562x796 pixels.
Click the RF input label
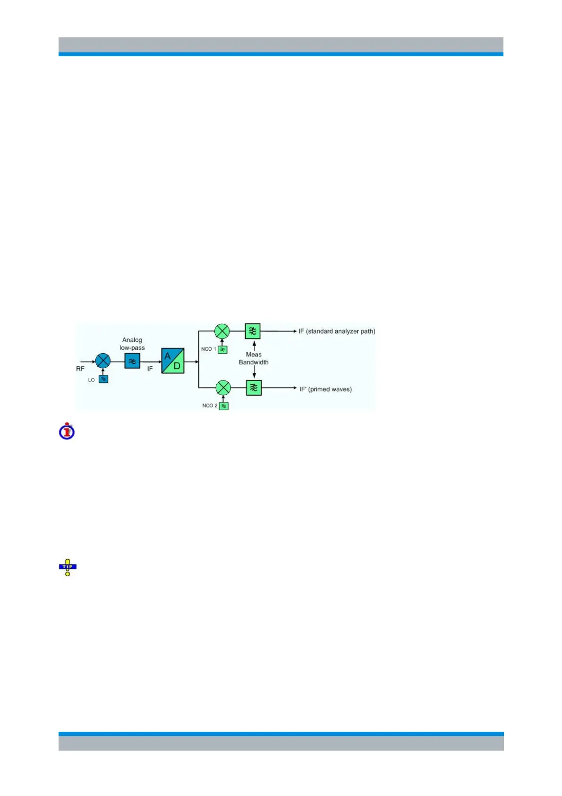[80, 369]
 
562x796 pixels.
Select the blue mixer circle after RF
[102, 361]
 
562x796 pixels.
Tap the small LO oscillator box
[103, 379]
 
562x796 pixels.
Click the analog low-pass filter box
[132, 361]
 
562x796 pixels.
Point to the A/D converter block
[172, 361]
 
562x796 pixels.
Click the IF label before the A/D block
[150, 369]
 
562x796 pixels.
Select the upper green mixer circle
[222, 331]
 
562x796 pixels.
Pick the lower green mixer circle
[223, 388]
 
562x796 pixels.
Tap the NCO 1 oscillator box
[222, 350]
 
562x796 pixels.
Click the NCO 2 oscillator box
[224, 406]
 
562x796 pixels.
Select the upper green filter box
[253, 331]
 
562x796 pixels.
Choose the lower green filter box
[254, 388]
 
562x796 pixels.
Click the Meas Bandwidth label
[254, 358]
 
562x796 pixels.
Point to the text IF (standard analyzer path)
[337, 331]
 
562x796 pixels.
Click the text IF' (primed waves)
[325, 389]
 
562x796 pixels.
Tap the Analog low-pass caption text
[132, 344]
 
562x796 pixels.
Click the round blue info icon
[67, 431]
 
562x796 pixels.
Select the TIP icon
[68, 567]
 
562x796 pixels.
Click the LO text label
[92, 380]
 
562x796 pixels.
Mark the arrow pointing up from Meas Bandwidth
[254, 345]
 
